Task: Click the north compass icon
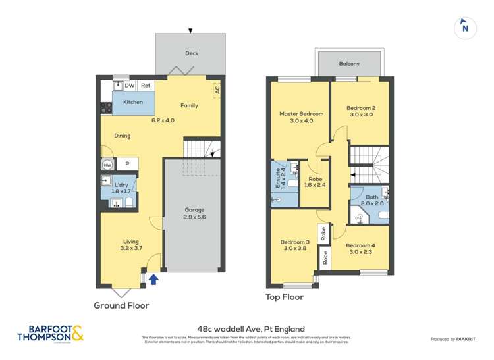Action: point(465,28)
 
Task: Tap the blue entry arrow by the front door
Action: point(153,280)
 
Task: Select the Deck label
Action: point(191,53)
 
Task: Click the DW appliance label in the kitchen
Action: point(130,86)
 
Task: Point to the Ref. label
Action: point(146,86)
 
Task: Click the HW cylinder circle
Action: point(107,165)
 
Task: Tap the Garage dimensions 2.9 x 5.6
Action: point(191,216)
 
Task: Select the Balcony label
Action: point(349,64)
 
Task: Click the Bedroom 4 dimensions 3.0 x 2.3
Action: point(362,251)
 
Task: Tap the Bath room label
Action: point(372,197)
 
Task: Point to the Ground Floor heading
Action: point(121,305)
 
